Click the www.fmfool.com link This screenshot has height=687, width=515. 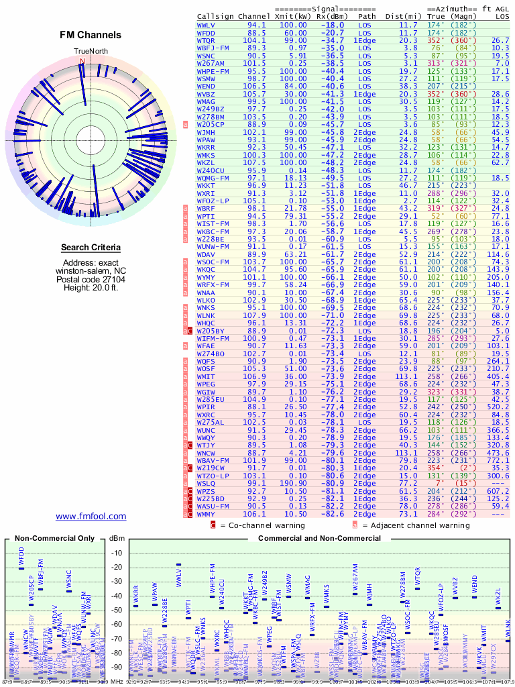click(x=91, y=516)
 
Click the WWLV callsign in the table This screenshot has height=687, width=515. click(x=206, y=25)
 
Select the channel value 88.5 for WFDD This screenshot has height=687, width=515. click(x=256, y=32)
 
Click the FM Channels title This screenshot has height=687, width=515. click(x=91, y=35)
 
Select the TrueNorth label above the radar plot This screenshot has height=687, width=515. click(x=91, y=51)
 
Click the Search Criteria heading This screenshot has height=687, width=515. click(x=91, y=248)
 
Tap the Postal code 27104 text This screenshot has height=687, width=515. click(x=91, y=279)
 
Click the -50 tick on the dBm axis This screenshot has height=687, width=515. click(x=117, y=610)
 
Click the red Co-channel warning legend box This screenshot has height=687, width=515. click(x=213, y=525)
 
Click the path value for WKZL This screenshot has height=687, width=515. click(x=364, y=162)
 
